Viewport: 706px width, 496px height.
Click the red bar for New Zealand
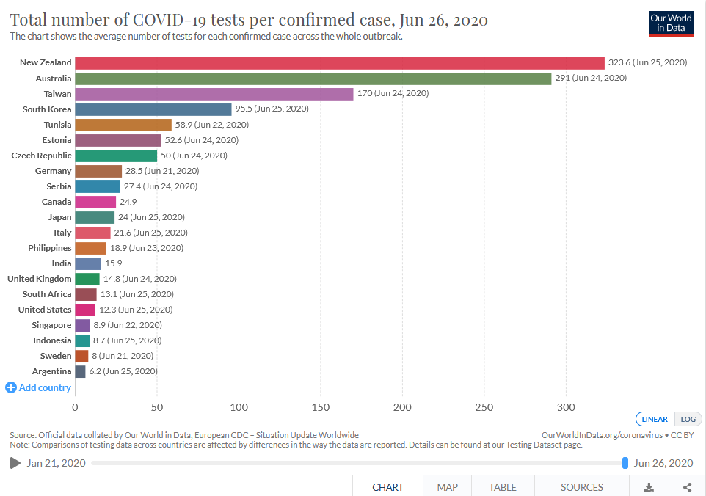[340, 63]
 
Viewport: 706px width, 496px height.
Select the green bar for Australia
[313, 79]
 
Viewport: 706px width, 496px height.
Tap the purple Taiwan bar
[214, 94]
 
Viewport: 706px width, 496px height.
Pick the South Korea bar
[153, 109]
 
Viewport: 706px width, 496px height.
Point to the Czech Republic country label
[41, 156]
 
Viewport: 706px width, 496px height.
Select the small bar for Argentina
[80, 372]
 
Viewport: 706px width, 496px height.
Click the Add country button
[38, 387]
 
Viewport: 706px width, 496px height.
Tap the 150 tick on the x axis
[321, 407]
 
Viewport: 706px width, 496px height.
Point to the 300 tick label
[566, 407]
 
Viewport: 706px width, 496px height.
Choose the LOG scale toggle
[688, 419]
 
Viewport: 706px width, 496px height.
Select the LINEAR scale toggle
[655, 419]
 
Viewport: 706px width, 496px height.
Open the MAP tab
[447, 487]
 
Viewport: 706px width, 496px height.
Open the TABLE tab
[503, 487]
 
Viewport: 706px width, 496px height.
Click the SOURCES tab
[582, 487]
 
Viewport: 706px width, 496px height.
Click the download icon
[649, 487]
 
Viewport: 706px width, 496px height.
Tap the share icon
[687, 487]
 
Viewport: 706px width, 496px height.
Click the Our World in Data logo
[671, 23]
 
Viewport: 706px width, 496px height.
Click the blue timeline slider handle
[625, 463]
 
